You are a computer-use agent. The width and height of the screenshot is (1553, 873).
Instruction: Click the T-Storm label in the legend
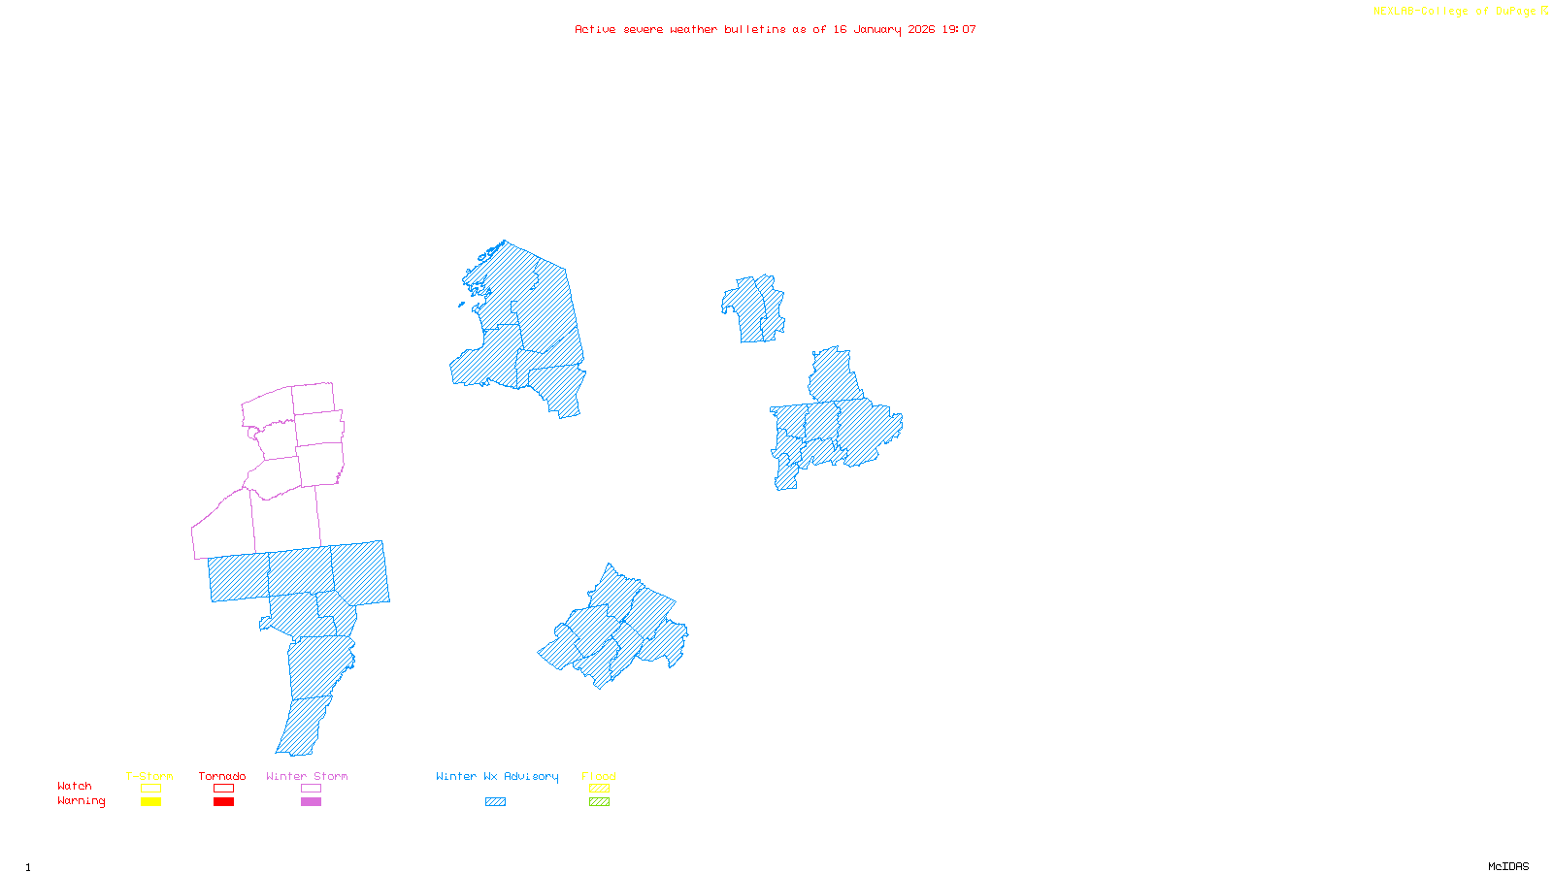pos(149,776)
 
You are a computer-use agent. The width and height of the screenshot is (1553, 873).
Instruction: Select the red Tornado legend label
pos(222,776)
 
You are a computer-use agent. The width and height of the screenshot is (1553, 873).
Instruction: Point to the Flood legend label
pos(599,776)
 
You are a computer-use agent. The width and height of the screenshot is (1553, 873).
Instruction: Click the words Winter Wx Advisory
pos(497,776)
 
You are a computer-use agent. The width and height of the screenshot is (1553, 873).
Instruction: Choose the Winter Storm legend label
pos(307,776)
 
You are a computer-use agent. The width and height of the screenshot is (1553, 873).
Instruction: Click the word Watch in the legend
pos(75,786)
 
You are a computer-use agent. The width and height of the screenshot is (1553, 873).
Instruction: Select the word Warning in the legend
pos(82,801)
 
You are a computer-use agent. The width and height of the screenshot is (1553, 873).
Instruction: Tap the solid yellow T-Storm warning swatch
pos(150,802)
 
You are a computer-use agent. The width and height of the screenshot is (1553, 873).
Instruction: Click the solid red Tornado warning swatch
pos(223,802)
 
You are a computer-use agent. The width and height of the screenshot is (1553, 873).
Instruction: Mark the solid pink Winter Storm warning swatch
pos(311,802)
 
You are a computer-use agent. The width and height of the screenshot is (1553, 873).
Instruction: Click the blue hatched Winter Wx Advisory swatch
pos(495,802)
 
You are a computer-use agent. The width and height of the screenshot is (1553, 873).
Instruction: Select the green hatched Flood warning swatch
pos(599,802)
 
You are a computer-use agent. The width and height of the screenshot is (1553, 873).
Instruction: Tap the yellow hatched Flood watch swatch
pos(599,789)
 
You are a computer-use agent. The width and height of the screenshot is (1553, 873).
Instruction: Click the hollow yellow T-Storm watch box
pos(150,789)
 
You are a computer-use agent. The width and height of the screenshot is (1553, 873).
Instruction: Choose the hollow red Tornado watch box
pos(223,789)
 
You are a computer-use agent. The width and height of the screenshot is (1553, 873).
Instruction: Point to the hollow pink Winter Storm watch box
pos(311,789)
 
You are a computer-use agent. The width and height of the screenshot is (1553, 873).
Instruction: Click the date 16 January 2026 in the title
pos(883,30)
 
